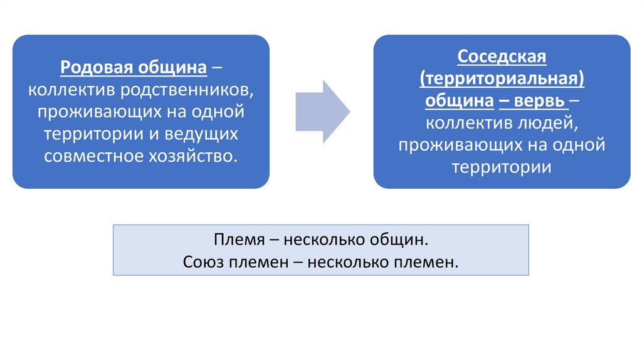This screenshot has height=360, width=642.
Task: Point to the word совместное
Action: coord(93,156)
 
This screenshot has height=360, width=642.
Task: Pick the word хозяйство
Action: coord(194,156)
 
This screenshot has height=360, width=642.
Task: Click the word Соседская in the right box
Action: coord(502,56)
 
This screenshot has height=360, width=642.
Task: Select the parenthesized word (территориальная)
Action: coord(502,79)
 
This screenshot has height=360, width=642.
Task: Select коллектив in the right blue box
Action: coord(468,123)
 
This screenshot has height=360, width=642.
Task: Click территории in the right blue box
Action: coord(502,167)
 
